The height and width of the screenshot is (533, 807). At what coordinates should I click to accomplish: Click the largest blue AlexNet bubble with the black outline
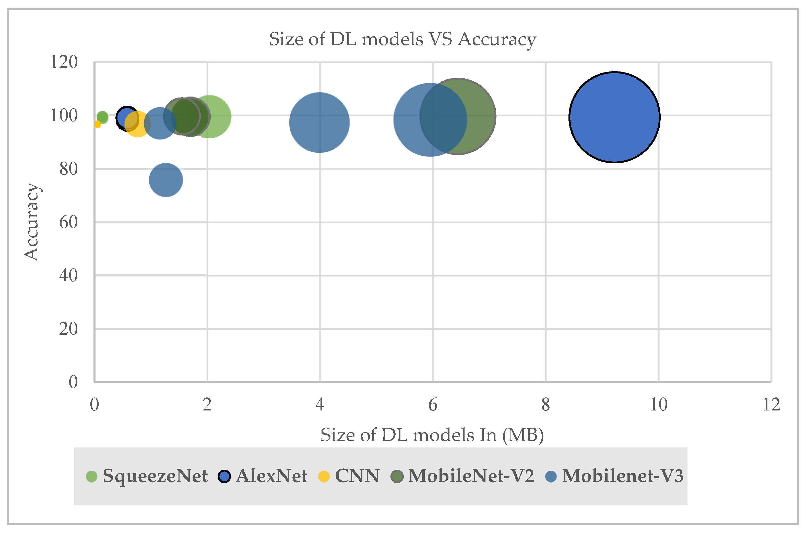tap(614, 117)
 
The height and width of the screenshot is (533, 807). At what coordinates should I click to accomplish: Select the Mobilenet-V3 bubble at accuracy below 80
tap(166, 180)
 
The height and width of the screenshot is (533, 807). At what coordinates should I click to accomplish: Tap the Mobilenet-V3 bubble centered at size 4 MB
tap(319, 122)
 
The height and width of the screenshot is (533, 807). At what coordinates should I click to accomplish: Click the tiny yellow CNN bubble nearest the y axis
tap(97, 124)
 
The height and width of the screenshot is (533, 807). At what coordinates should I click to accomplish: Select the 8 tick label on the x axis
tap(545, 405)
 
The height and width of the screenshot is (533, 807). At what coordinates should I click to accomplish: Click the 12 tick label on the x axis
tap(771, 405)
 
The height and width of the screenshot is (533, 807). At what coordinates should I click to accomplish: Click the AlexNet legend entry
tap(263, 476)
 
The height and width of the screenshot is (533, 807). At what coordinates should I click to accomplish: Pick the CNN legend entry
tap(349, 476)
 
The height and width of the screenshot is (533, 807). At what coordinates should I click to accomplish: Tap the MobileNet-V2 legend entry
tap(462, 476)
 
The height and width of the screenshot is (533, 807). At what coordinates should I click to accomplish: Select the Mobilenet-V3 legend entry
tap(614, 476)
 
